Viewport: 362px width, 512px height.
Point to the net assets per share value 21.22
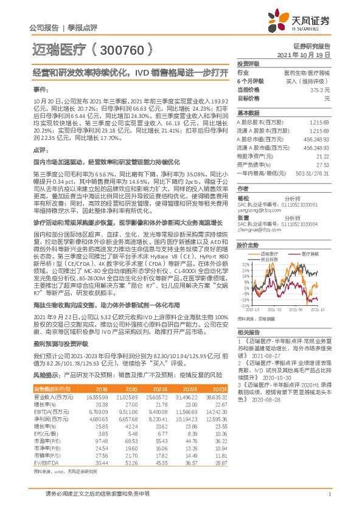[x=322, y=156]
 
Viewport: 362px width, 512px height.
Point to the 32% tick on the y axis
[x=245, y=247]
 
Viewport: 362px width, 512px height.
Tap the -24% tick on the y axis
[x=243, y=307]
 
